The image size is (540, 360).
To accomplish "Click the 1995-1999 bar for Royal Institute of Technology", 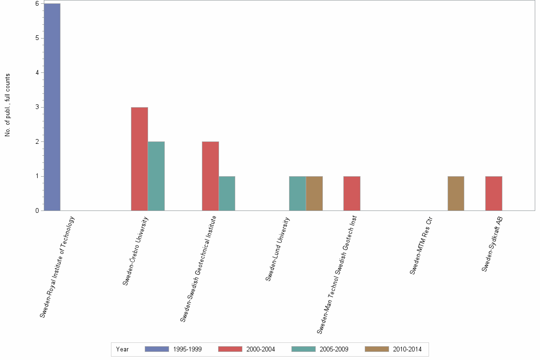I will (52, 107).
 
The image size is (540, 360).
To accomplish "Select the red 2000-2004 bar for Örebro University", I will (140, 159).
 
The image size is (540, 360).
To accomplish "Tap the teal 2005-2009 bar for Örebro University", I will (156, 176).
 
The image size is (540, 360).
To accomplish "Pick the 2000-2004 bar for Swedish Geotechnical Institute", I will (210, 176).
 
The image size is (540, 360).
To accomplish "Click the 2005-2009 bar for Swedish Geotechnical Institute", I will (227, 193).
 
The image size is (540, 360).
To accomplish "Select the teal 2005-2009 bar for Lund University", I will (298, 193).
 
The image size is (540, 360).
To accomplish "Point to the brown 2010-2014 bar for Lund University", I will (314, 193).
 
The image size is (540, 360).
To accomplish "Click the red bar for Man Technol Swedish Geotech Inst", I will (352, 193).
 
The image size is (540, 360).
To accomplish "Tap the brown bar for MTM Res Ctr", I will (456, 193).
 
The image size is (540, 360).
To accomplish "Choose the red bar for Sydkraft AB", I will (494, 193).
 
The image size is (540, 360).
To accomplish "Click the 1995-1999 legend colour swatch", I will (157, 349).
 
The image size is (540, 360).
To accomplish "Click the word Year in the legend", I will (122, 349).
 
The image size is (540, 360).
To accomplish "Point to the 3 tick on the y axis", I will (37, 107).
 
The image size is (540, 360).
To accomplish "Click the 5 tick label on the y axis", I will (37, 38).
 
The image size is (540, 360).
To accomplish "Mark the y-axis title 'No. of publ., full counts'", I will (8, 105).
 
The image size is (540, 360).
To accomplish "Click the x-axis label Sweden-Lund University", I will (278, 249).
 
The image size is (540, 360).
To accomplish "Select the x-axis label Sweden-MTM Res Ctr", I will (421, 246).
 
